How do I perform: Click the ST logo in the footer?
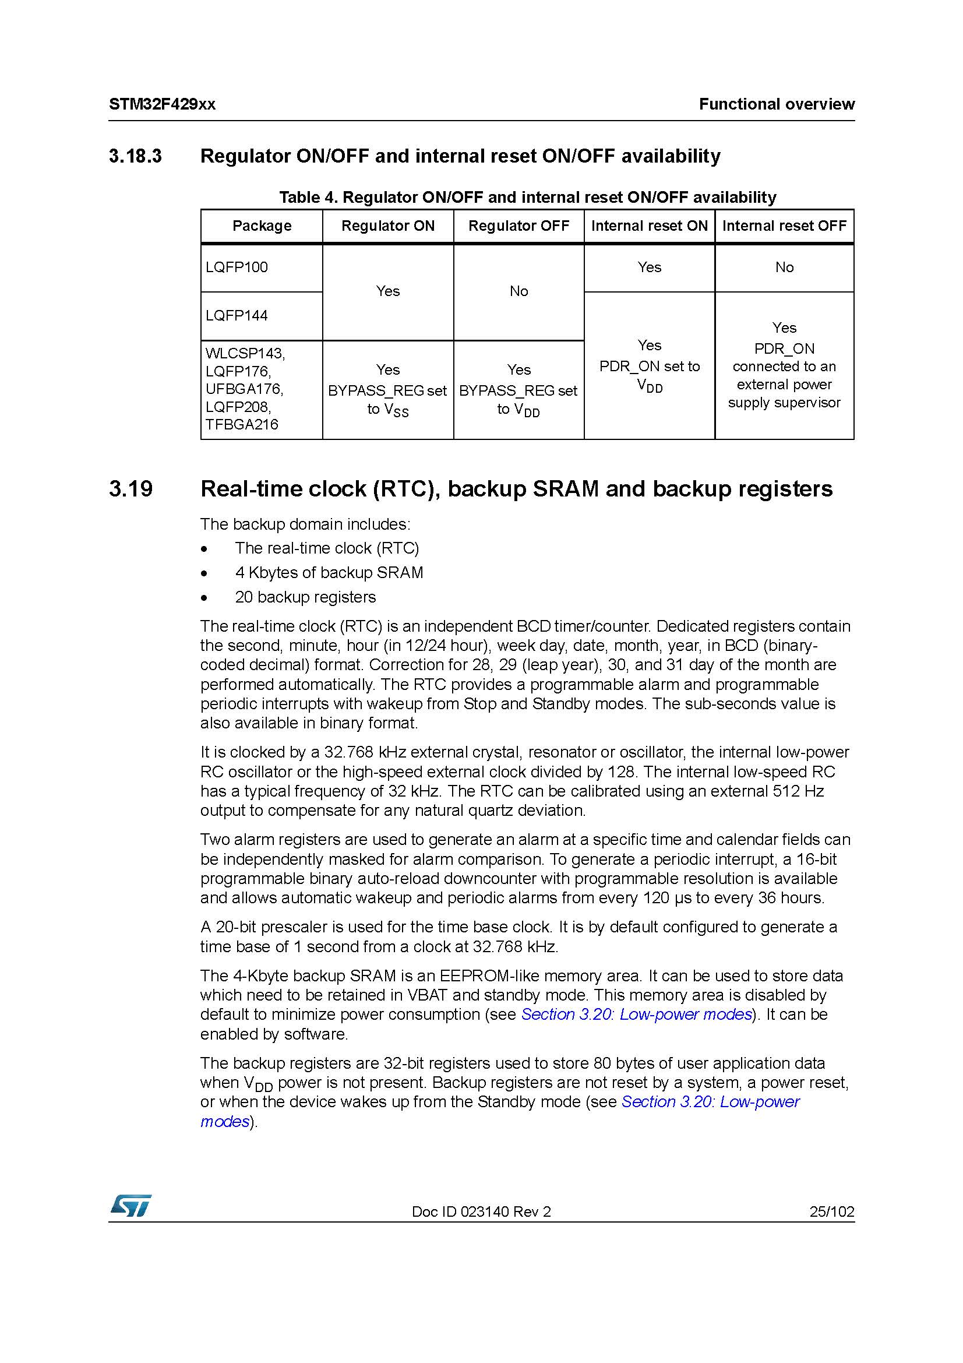coord(130,1205)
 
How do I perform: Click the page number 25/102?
coord(831,1211)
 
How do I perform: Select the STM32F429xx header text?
coord(162,104)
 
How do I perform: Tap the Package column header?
coord(262,226)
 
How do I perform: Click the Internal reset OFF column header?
coord(784,226)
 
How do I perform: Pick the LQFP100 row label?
coord(237,267)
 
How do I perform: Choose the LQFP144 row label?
coord(237,315)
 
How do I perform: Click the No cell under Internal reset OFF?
coord(784,267)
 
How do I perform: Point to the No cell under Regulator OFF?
coord(518,291)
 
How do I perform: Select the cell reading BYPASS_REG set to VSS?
coord(387,390)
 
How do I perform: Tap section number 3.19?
coord(130,488)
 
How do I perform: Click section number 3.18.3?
coord(135,156)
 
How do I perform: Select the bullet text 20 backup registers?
coord(305,597)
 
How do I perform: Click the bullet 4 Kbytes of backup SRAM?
coord(329,573)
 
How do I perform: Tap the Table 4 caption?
coord(527,197)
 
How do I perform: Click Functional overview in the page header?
coord(776,104)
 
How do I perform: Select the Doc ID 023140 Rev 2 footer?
coord(481,1211)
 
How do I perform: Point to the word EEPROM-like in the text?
coord(481,976)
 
